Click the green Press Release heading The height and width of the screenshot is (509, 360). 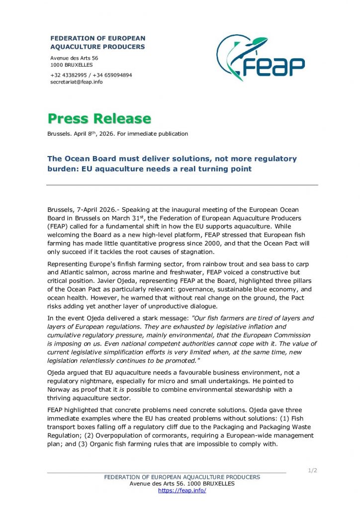99,118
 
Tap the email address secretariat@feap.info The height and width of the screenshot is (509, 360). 77,82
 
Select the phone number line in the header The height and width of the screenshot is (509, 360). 91,75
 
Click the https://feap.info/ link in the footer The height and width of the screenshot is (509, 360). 182,490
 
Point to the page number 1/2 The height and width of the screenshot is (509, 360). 313,470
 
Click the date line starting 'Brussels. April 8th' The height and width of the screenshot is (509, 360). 118,134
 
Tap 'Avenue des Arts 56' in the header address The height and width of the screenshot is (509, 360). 74,58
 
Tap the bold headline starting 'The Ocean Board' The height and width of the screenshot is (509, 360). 172,164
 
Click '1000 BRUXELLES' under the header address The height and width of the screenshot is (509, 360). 72,65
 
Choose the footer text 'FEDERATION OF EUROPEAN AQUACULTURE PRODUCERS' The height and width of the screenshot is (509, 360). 182,477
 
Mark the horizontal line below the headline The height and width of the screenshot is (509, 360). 182,185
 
